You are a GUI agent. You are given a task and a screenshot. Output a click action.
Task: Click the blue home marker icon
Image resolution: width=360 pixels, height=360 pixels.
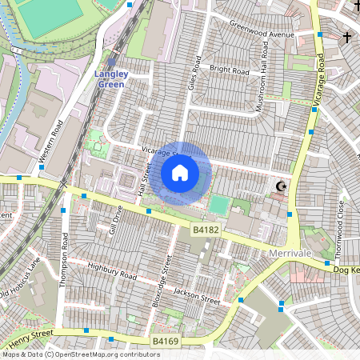(x=180, y=172)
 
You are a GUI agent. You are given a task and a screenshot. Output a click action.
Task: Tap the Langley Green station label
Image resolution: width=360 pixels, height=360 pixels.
(x=111, y=78)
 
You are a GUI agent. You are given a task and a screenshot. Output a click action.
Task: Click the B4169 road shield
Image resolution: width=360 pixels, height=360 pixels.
(x=166, y=342)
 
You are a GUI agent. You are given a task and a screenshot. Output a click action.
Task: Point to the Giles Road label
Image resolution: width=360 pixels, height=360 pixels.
(x=192, y=79)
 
